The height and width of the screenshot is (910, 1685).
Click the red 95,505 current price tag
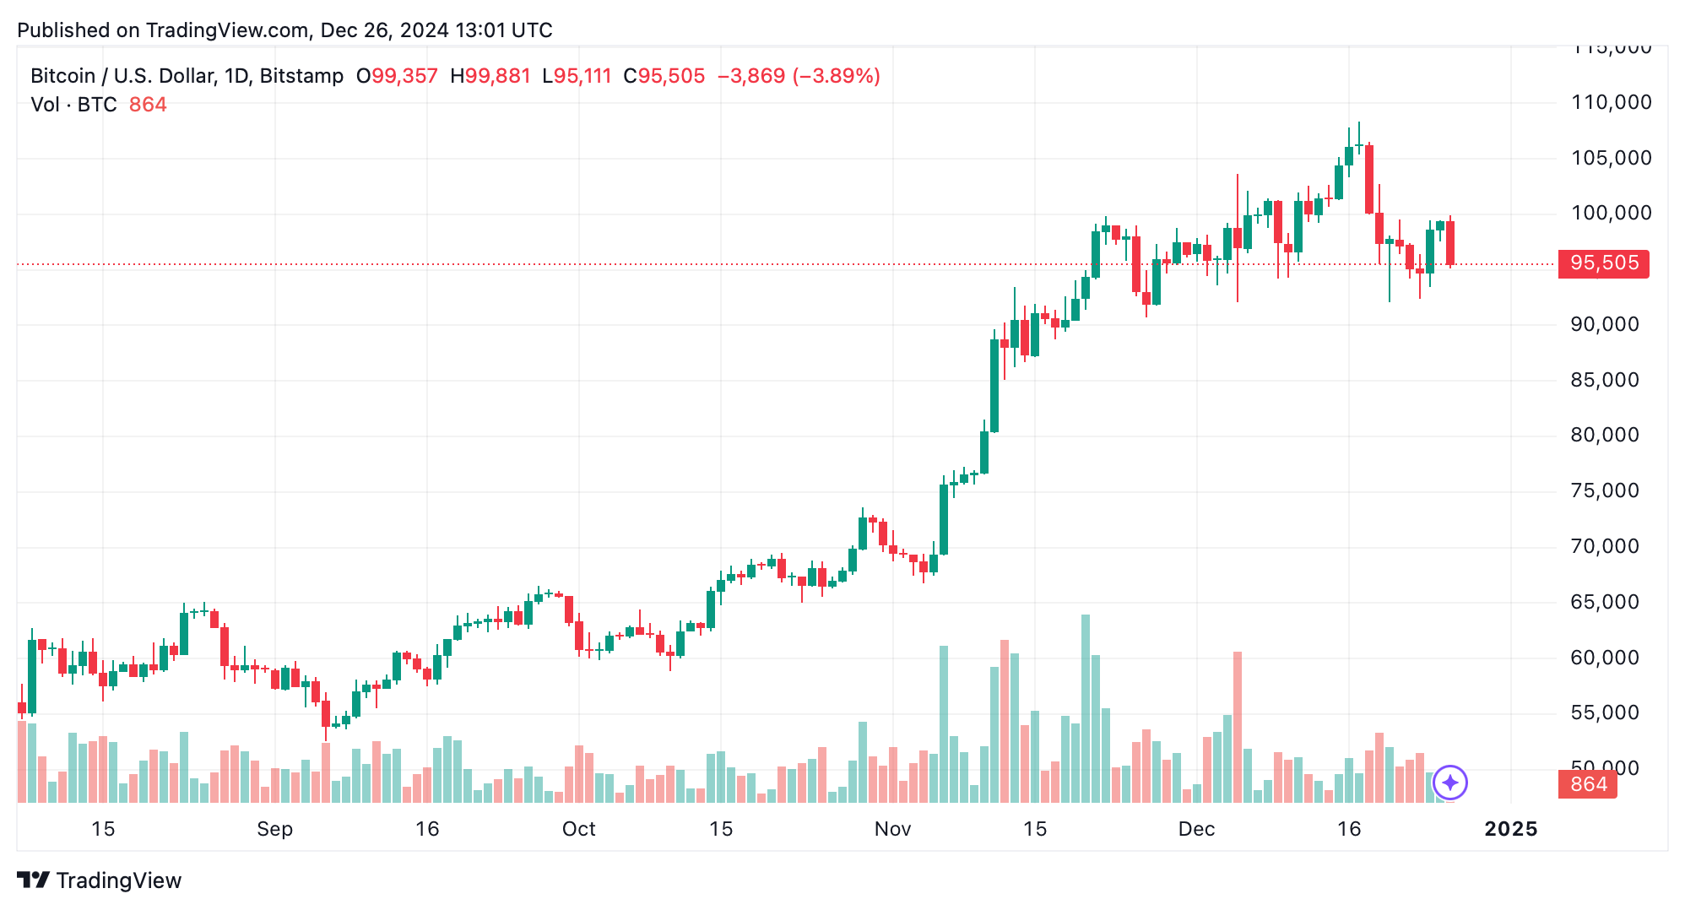[1603, 263]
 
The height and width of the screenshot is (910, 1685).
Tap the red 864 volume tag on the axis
[1587, 784]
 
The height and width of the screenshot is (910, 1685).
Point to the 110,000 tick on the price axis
[1611, 103]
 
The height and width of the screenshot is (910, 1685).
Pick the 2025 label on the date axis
[1510, 829]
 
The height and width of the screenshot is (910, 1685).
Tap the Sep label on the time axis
[274, 829]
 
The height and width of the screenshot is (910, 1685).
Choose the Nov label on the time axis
[892, 829]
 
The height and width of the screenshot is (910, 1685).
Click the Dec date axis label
[1196, 829]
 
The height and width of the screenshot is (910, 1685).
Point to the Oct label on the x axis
[578, 829]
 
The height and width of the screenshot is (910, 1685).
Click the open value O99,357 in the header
[397, 76]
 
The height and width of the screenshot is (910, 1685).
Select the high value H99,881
[490, 76]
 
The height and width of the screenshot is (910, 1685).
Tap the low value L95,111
[577, 76]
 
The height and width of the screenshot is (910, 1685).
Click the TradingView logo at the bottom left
[100, 880]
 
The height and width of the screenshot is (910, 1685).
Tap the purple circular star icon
[1449, 783]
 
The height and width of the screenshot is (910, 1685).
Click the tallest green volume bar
[1086, 709]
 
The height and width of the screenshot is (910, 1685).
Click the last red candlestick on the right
[1450, 243]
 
